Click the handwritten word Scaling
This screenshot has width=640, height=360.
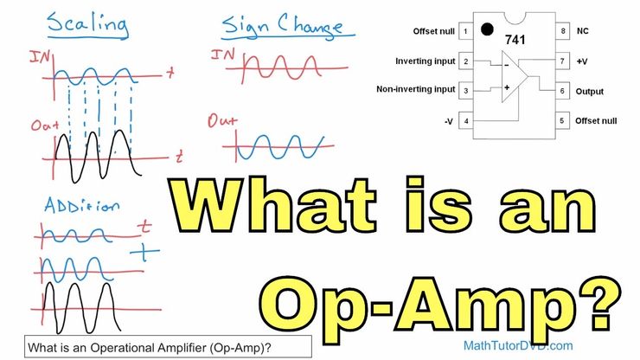coord(87,25)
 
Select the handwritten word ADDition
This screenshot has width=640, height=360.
coord(82,205)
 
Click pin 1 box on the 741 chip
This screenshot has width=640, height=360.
coord(465,31)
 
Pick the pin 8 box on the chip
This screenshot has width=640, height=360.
coord(562,31)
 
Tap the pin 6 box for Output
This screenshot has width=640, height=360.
coord(562,91)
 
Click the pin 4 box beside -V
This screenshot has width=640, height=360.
coord(465,121)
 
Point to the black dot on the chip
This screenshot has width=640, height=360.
coord(487,29)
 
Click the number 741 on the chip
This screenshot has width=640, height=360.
coord(515,40)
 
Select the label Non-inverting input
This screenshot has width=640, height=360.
coord(415,89)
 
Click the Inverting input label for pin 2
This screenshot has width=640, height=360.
coord(425,61)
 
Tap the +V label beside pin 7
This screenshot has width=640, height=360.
coord(582,61)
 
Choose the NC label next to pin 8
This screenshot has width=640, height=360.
coord(582,31)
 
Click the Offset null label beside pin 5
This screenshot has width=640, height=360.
coord(596,121)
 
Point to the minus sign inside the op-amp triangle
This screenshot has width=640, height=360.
coord(507,65)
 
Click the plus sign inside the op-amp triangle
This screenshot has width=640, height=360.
coord(507,87)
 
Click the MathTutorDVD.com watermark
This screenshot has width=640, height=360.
coord(518,345)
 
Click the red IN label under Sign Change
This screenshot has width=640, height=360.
coord(222,55)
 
